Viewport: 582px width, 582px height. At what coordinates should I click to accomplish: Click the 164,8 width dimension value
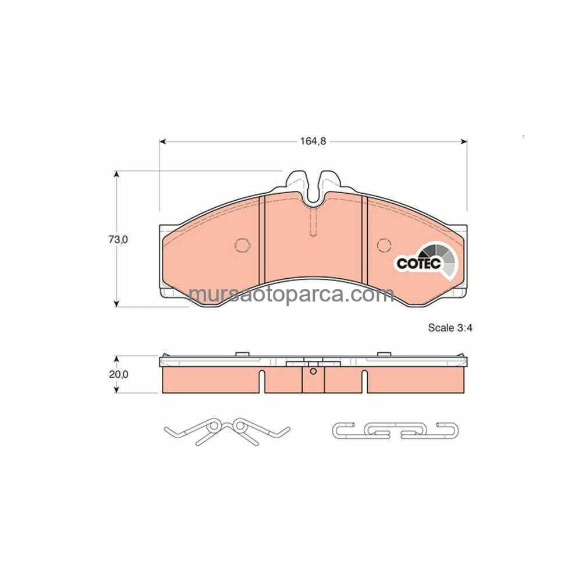(313, 141)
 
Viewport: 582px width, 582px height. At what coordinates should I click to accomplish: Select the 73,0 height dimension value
(118, 239)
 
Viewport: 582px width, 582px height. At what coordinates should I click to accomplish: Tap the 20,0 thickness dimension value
(118, 374)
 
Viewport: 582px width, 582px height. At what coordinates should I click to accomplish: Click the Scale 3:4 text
(450, 328)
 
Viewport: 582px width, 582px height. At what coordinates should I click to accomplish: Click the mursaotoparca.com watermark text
(292, 295)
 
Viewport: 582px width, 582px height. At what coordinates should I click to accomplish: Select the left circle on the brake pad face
(242, 245)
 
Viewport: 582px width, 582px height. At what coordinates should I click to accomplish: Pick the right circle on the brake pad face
(384, 245)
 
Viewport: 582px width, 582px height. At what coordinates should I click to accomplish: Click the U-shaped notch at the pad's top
(314, 198)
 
